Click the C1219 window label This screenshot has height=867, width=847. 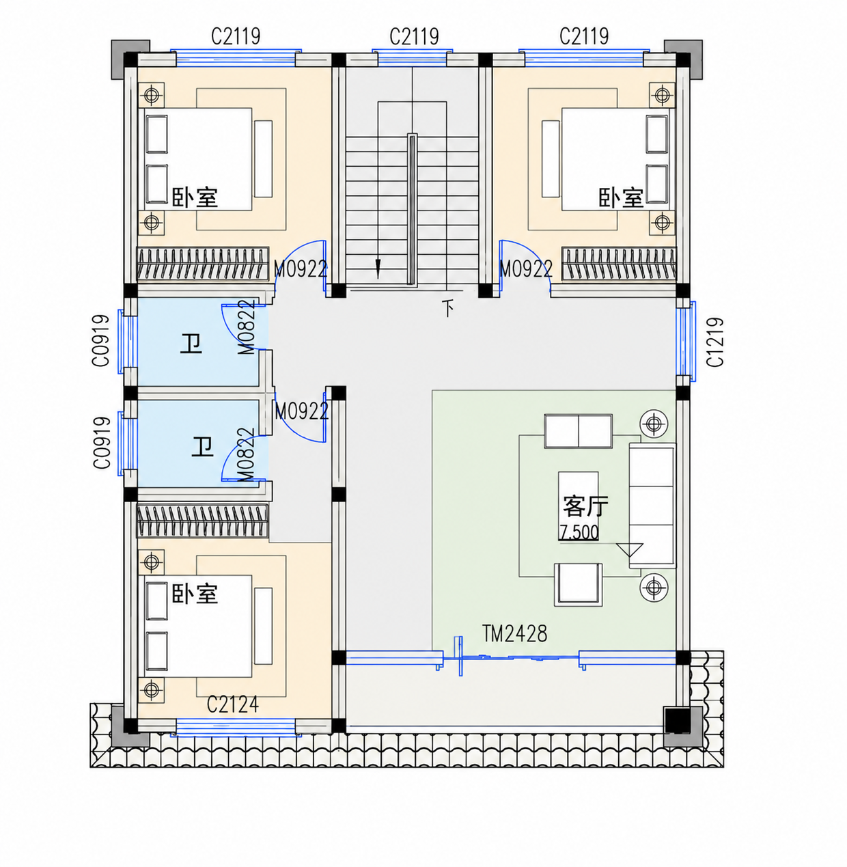(x=715, y=342)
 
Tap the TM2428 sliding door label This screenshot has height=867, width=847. (x=515, y=633)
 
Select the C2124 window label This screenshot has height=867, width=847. (x=232, y=704)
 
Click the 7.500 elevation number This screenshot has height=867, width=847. (x=579, y=532)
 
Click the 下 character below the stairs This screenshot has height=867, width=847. (x=448, y=307)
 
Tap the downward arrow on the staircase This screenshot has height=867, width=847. (x=378, y=269)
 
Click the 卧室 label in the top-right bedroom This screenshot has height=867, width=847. (x=621, y=198)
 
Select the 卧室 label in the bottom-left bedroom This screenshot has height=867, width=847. (x=195, y=594)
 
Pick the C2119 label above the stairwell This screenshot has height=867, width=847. (x=414, y=36)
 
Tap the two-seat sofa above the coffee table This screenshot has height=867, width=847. (x=578, y=431)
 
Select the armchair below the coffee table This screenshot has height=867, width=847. (x=578, y=585)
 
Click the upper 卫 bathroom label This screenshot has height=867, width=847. (x=191, y=344)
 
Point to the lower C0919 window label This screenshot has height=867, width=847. (x=102, y=443)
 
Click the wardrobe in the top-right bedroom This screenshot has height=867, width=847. (x=619, y=264)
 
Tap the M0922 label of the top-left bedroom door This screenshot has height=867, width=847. (x=301, y=269)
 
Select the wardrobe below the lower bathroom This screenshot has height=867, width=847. (x=203, y=521)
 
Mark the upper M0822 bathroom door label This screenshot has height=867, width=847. (x=247, y=327)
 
